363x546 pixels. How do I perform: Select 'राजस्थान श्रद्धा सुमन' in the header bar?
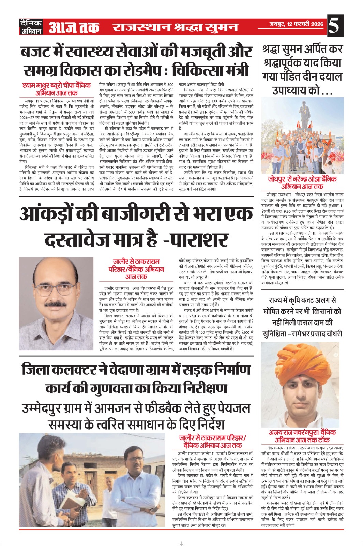pyautogui.click(x=175, y=27)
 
